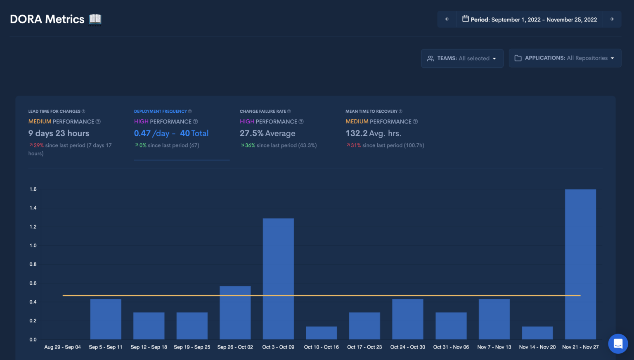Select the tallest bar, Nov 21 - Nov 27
[580, 264]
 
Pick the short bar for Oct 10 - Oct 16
[321, 333]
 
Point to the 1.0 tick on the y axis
[33, 246]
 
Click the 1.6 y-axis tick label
[33, 189]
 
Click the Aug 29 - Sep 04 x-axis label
[62, 347]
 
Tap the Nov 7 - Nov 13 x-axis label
[494, 347]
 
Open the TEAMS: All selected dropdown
[462, 58]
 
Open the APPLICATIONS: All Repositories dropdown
[565, 58]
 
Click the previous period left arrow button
[447, 19]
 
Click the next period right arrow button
[612, 19]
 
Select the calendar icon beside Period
[465, 19]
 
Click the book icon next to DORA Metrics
[95, 19]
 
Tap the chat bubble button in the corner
[618, 343]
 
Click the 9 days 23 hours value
[59, 133]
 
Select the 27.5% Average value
[267, 133]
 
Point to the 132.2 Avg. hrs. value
[373, 133]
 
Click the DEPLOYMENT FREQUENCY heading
[160, 111]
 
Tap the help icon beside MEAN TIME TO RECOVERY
[400, 111]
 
